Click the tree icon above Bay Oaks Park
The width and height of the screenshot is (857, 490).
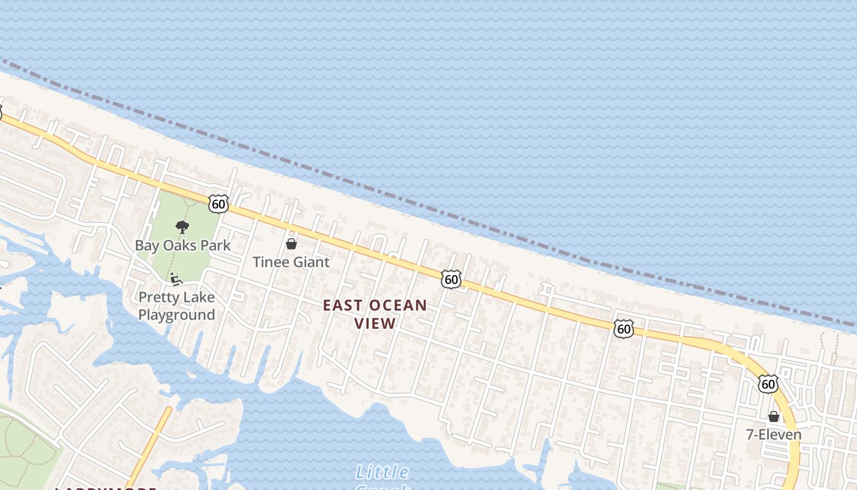point(182,228)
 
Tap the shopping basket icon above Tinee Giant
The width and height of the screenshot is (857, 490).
point(291,244)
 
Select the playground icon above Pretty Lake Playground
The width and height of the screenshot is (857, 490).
point(176,279)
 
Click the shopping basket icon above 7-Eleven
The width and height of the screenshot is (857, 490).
point(774,417)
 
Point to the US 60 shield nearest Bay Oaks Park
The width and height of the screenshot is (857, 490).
point(218,204)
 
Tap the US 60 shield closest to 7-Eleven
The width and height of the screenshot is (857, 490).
point(768,384)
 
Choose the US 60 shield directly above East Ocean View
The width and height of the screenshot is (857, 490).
point(451,280)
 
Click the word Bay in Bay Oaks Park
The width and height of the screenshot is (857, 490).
point(147,246)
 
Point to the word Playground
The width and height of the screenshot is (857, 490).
point(176,315)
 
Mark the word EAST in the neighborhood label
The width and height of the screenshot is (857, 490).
point(342,305)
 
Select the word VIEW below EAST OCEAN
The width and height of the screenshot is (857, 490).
point(375,323)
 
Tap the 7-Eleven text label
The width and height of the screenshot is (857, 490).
point(773,435)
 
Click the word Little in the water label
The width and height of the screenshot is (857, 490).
point(382,472)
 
